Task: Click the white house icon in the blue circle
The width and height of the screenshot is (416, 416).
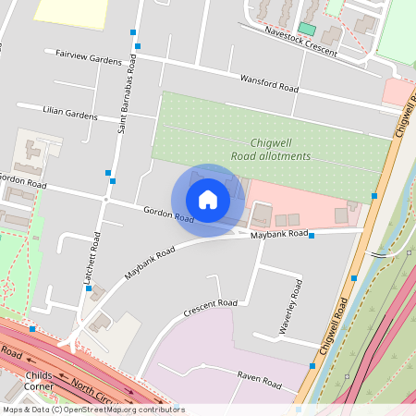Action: coord(208,200)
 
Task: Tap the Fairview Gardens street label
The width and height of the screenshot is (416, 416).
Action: coord(89,57)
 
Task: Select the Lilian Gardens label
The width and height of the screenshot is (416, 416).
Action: coord(70,112)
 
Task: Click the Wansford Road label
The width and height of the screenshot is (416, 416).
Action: coord(270,83)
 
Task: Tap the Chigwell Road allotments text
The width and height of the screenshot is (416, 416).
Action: coord(280,150)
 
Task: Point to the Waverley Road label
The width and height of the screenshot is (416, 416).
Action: coord(291,316)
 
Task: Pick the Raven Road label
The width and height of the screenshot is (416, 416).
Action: coord(258,379)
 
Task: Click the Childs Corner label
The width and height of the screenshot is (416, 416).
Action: coord(39,382)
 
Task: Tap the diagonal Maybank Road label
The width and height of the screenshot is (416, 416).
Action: coord(150,263)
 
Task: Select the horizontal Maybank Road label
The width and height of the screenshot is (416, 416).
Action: coord(279,234)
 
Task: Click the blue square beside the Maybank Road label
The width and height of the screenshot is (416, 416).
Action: coord(312,236)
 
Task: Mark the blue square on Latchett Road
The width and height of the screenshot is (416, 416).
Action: coord(89,288)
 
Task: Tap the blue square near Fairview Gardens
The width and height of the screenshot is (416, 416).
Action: coord(135,32)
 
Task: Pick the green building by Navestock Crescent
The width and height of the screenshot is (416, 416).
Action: coord(306,29)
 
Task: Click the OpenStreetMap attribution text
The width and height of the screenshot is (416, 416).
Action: coord(92,410)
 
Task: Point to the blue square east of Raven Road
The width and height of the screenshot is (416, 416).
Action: coord(312,366)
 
